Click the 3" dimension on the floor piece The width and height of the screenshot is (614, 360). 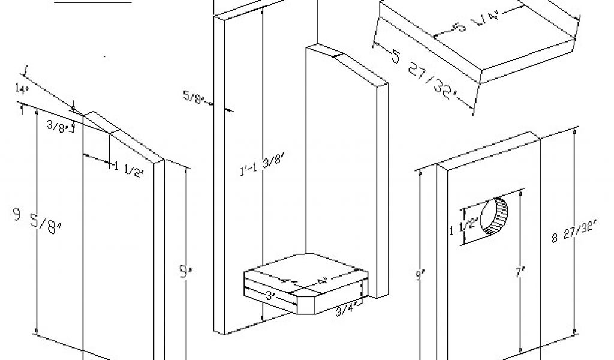tap(270, 295)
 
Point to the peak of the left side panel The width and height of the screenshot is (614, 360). tap(91, 112)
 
